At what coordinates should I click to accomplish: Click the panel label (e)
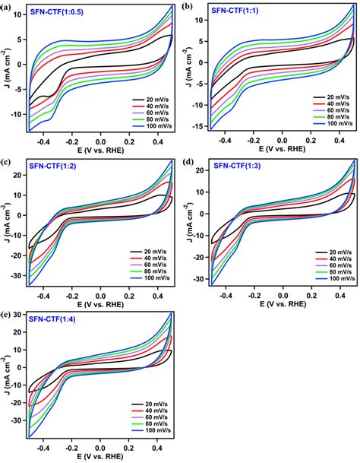pyautogui.click(x=7, y=313)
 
